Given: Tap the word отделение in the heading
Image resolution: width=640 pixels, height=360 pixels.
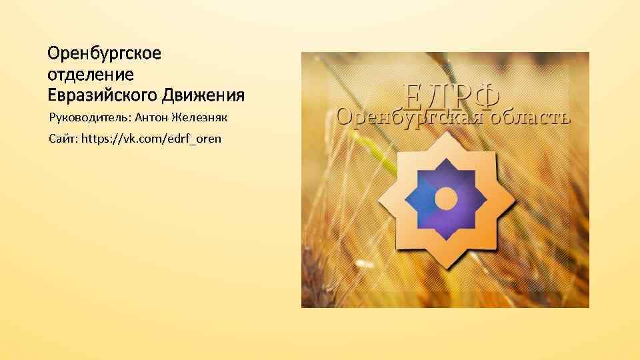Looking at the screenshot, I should [91, 73].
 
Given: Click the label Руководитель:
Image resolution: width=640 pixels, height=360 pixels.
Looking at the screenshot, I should [90, 119].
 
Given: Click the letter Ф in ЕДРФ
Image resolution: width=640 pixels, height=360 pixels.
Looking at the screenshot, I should [487, 95].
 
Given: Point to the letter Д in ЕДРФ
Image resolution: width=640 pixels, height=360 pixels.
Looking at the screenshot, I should [437, 96].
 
